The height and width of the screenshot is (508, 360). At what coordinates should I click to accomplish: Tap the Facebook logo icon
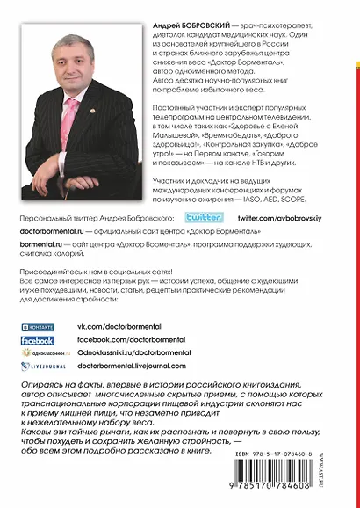(x=38, y=339)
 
